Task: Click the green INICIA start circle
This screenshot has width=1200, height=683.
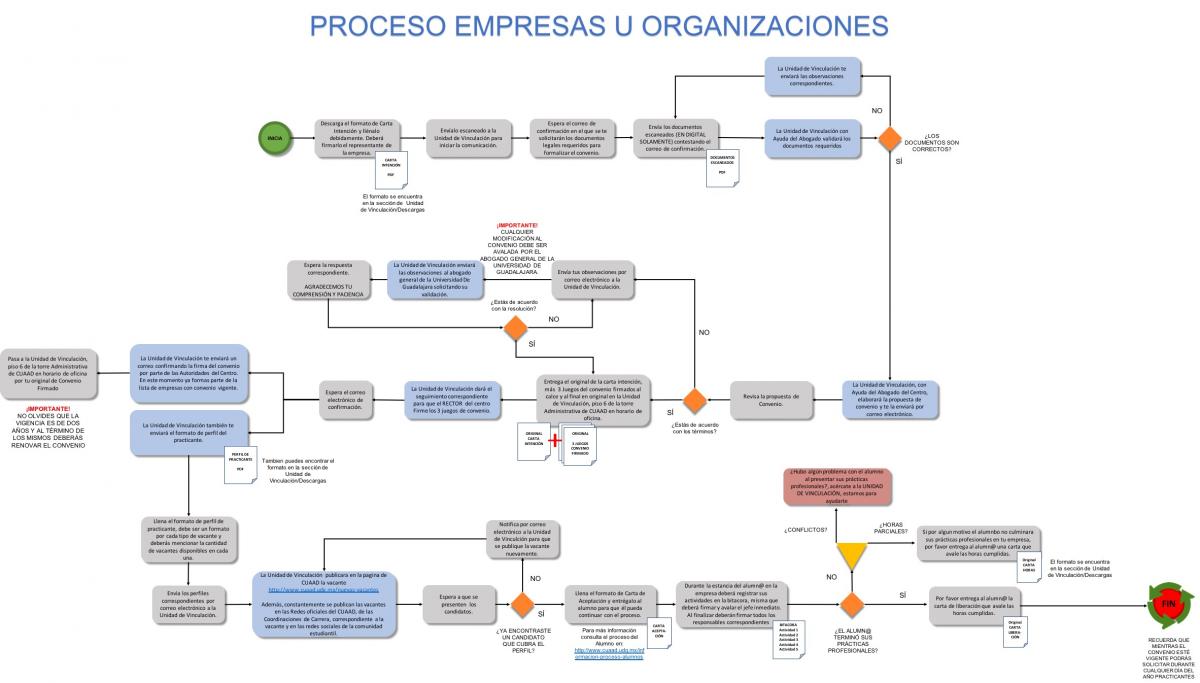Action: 275,139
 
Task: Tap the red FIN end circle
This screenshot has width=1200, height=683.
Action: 1168,605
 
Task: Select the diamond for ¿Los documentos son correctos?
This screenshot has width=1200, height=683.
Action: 889,138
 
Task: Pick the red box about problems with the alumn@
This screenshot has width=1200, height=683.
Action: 837,485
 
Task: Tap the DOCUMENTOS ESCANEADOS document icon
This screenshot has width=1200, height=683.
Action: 721,166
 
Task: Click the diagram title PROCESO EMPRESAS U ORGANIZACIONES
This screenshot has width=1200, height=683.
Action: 598,25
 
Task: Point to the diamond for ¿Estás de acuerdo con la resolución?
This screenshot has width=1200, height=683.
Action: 516,327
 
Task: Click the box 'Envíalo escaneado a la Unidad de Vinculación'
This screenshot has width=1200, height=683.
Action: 469,138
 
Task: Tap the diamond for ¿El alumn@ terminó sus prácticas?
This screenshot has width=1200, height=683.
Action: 851,605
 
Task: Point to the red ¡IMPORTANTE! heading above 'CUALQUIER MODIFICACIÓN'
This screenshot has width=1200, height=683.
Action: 517,226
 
